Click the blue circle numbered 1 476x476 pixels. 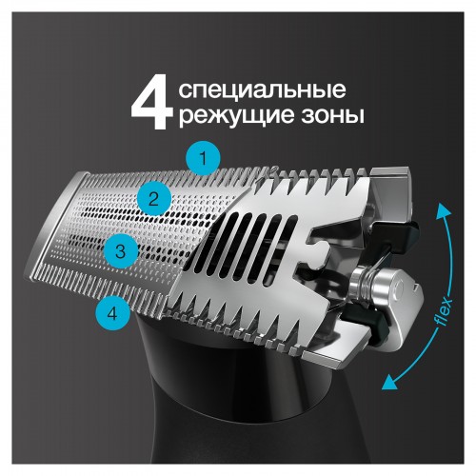coord(203,157)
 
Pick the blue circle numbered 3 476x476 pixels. coord(119,252)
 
